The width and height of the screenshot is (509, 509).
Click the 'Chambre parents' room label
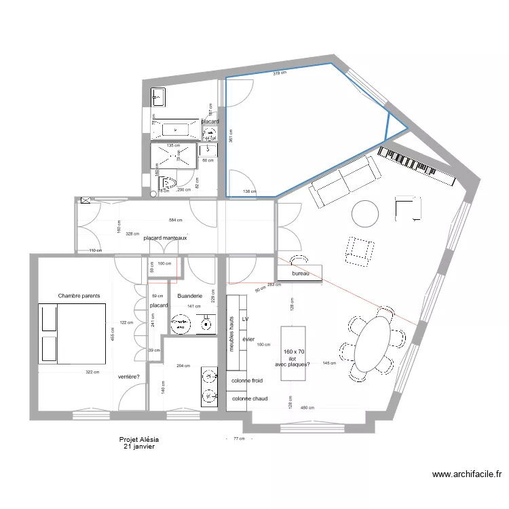79,296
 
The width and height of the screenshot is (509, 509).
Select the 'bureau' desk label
300,274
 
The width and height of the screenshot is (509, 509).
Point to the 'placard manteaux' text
165,238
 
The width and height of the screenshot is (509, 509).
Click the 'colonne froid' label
248,381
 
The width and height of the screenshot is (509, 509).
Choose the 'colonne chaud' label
248,399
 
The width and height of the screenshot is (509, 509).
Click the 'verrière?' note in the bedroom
128,377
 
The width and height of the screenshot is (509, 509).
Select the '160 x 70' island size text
294,352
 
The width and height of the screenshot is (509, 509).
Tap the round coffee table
365,214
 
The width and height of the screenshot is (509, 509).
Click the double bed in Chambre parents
73,334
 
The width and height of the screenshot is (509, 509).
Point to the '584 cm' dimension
176,221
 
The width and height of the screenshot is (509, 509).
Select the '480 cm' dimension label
307,408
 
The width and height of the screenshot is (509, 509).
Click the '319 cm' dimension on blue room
279,73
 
